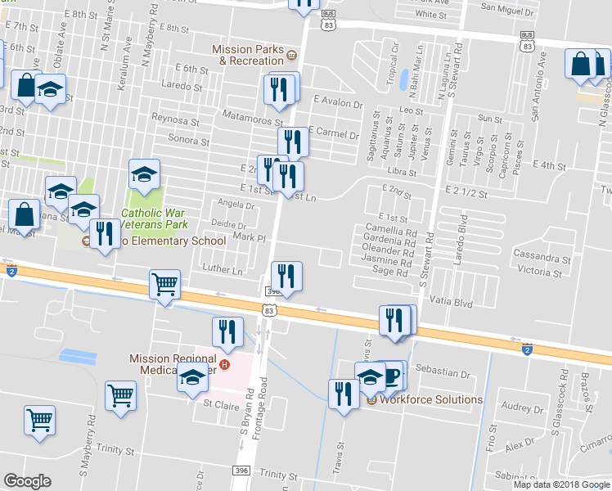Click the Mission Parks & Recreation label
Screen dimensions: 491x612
[x=248, y=55]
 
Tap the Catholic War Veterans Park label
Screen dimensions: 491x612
[x=155, y=218]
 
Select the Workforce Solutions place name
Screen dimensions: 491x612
[x=431, y=399]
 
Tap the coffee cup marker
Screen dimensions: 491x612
[x=392, y=376]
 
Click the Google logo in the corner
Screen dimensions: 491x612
[x=27, y=480]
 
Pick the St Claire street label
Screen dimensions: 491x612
[x=219, y=403]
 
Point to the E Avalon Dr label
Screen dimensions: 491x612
[x=337, y=104]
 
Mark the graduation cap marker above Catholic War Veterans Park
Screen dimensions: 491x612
[x=144, y=174]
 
